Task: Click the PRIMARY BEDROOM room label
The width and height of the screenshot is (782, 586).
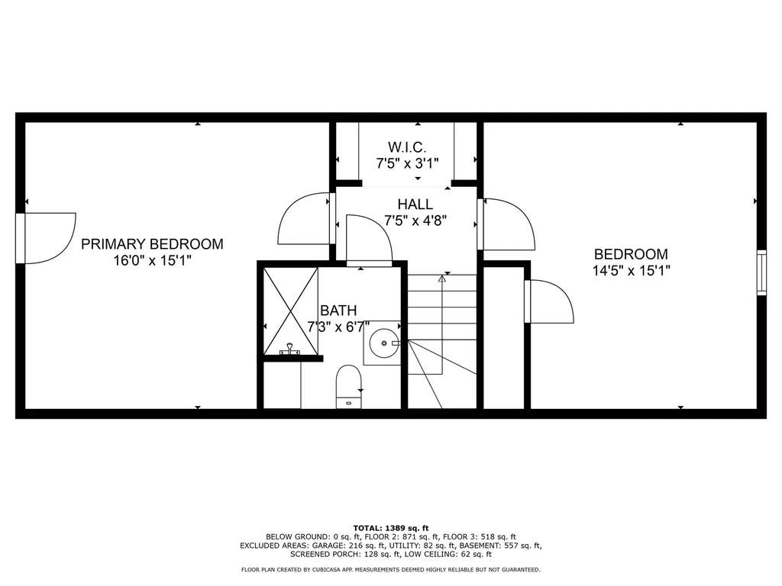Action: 152,244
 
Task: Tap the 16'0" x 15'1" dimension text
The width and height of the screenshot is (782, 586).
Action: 152,260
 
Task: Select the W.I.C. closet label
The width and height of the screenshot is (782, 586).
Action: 406,146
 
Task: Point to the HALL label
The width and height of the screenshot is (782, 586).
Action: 415,204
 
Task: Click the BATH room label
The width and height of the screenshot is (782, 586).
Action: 338,311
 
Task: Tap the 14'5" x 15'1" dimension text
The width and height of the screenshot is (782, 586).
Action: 631,270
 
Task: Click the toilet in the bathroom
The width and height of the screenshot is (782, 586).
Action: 348,385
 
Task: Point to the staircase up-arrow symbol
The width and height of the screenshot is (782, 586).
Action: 441,279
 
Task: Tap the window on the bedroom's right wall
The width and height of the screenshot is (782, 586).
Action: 761,272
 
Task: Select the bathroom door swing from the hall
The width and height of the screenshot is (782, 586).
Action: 369,238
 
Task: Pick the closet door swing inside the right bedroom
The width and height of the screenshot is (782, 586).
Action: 549,302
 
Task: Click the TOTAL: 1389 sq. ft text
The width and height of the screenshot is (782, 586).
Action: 391,528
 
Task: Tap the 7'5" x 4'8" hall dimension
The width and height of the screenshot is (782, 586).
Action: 415,221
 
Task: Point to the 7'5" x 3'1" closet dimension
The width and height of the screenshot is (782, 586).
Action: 406,163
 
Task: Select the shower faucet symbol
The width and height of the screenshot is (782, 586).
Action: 290,350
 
